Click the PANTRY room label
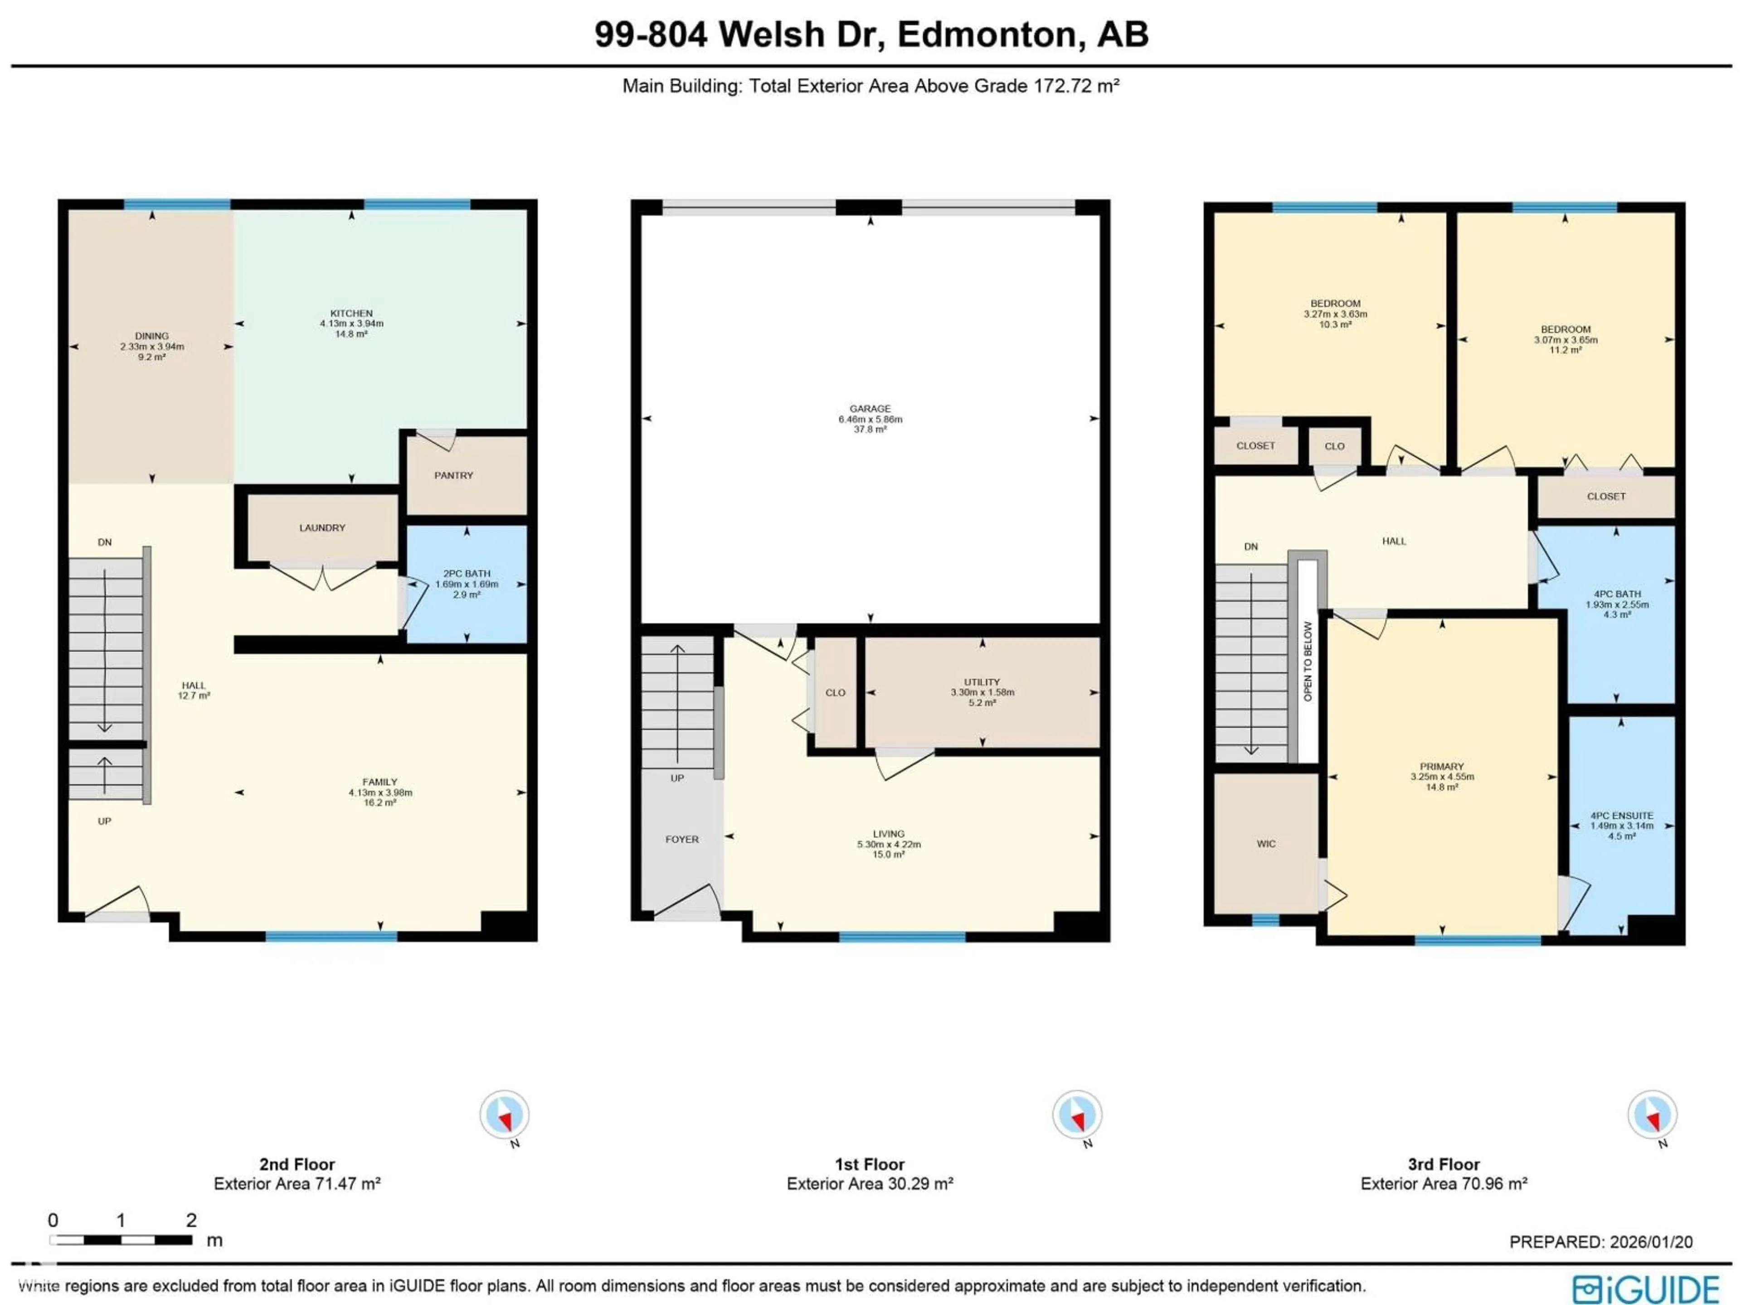(x=453, y=475)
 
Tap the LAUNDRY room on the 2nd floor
(x=322, y=528)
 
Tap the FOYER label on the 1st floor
(x=681, y=839)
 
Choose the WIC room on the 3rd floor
(x=1265, y=844)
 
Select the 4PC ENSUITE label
(x=1621, y=816)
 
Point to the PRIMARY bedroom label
(x=1441, y=766)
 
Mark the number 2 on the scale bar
(x=191, y=1220)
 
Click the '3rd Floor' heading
(x=1444, y=1164)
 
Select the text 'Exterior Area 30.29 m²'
(x=870, y=1184)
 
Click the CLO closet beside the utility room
(x=835, y=693)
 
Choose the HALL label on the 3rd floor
(x=1393, y=541)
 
